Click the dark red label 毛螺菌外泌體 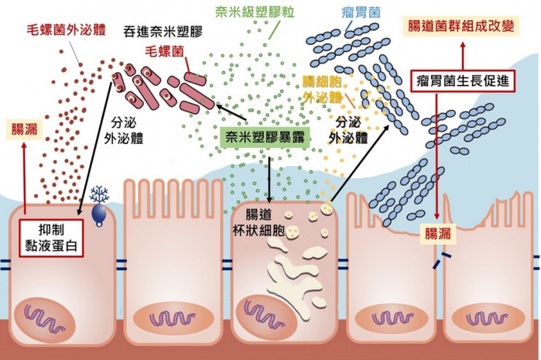click(67, 30)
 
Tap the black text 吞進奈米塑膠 click(163, 31)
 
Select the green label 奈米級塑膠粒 click(255, 12)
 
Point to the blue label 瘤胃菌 click(361, 12)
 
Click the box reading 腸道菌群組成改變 click(461, 26)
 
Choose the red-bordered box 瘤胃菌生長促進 click(463, 81)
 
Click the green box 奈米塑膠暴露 click(265, 137)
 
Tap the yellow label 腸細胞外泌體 click(322, 89)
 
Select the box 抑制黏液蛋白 click(51, 238)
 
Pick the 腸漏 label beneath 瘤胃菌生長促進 click(437, 234)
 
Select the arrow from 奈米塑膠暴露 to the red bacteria click(231, 113)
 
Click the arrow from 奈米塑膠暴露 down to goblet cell click(269, 179)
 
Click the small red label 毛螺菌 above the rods click(164, 51)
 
